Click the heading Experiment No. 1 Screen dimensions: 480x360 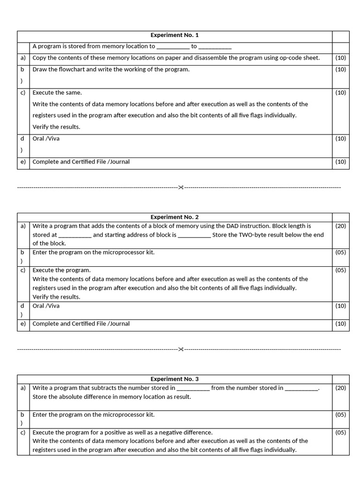(174, 35)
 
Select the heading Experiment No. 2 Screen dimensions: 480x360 (174, 217)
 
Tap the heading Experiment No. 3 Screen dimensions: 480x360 (174, 379)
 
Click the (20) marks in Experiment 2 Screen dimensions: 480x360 (341, 226)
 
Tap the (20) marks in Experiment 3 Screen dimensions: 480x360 (341, 388)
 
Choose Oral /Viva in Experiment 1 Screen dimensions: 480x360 (46, 139)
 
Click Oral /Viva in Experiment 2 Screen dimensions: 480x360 (46, 306)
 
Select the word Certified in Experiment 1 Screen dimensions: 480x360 (77, 162)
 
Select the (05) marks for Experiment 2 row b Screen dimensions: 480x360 (341, 252)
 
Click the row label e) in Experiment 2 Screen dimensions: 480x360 (22, 323)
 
